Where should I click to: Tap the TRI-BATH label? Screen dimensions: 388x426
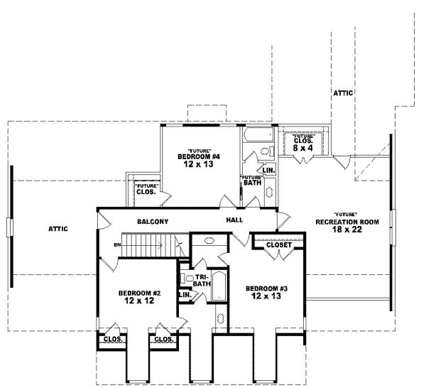click(201, 280)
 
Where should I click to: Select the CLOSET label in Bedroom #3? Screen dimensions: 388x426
click(278, 245)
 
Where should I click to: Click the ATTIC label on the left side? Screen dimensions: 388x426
click(58, 229)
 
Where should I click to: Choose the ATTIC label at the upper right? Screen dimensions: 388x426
click(343, 93)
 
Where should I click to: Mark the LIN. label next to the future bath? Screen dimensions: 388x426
click(268, 171)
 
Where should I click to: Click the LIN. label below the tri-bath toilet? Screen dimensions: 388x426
click(185, 293)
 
